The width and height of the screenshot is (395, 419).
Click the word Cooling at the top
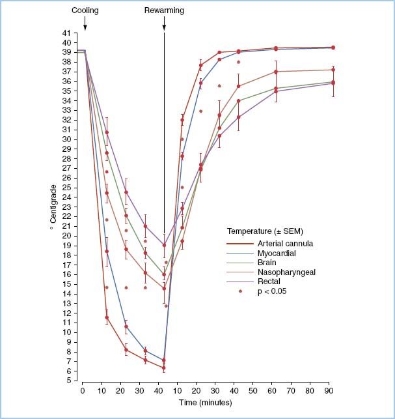click(85, 10)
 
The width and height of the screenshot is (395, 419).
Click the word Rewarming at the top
click(163, 10)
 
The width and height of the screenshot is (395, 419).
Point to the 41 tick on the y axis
click(68, 33)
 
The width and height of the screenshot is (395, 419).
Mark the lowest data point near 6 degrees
click(163, 368)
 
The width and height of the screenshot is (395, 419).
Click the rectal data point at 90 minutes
click(333, 83)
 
